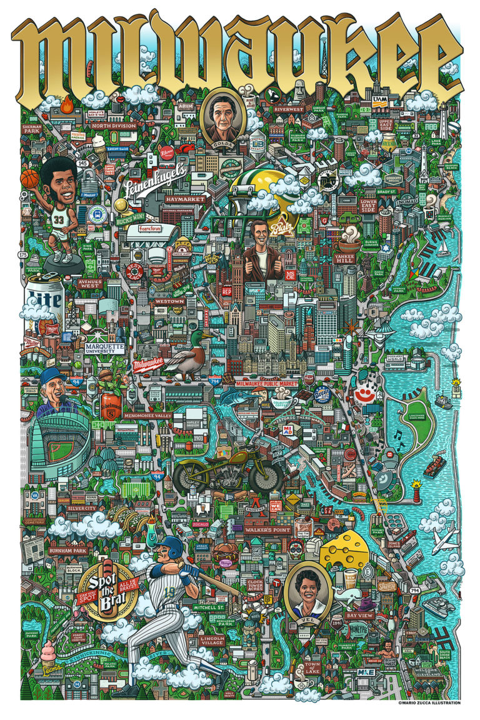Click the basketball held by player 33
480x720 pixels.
[29, 179]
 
